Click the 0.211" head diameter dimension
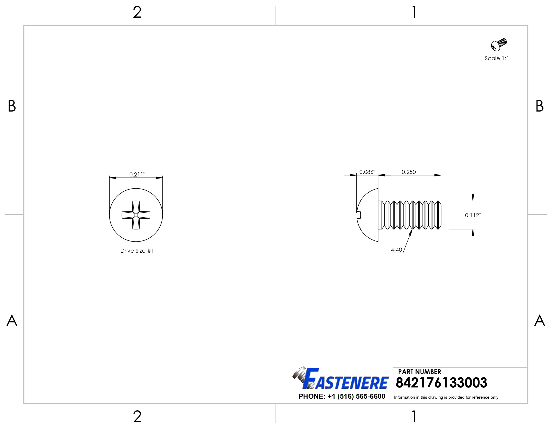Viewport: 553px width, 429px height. pyautogui.click(x=137, y=175)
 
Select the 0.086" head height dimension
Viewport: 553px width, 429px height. pyautogui.click(x=367, y=172)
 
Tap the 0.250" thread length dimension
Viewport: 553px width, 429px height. pyautogui.click(x=409, y=172)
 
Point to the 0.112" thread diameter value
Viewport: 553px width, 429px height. pyautogui.click(x=473, y=215)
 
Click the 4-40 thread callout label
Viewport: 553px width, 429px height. pyautogui.click(x=397, y=250)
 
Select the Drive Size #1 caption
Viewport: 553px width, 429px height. pyautogui.click(x=137, y=251)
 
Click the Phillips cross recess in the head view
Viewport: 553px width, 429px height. pyautogui.click(x=136, y=215)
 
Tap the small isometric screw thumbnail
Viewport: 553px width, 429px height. pyautogui.click(x=499, y=44)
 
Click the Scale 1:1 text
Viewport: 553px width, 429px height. pyautogui.click(x=497, y=59)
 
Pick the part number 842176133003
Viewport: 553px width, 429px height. pyautogui.click(x=441, y=383)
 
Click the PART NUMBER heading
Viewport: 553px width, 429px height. pyautogui.click(x=419, y=372)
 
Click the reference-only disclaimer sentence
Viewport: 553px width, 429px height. pyautogui.click(x=447, y=397)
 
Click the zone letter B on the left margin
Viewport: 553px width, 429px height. pyautogui.click(x=12, y=106)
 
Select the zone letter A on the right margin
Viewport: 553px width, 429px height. pyautogui.click(x=540, y=321)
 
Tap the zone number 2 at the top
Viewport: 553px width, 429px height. pyautogui.click(x=137, y=12)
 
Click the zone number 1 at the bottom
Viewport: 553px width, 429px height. pyautogui.click(x=414, y=417)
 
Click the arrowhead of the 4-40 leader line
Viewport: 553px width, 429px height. pyautogui.click(x=411, y=232)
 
